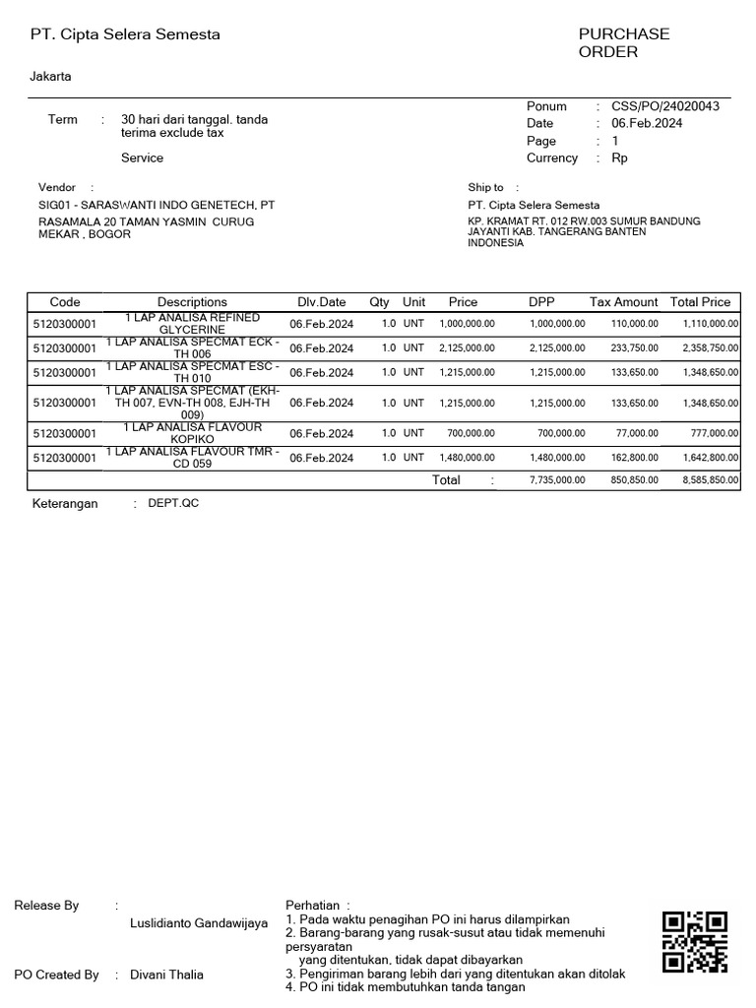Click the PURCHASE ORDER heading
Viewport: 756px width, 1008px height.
623,42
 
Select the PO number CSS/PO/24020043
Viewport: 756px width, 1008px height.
664,106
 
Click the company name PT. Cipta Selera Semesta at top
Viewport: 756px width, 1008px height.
125,34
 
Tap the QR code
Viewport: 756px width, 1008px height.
695,942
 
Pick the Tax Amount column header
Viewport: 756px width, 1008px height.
623,302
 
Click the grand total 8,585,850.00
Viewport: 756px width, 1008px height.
709,480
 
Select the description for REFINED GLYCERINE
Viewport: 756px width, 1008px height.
192,324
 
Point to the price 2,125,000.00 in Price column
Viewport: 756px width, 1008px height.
467,348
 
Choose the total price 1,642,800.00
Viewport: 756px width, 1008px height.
709,458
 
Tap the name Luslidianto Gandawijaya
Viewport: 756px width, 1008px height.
199,923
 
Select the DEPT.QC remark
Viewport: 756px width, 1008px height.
173,503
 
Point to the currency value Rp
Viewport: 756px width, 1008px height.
619,157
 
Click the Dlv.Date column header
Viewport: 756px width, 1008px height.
322,302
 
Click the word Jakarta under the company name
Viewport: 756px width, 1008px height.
50,76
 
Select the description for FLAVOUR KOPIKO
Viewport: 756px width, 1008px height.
192,433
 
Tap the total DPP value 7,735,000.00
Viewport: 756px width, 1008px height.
556,480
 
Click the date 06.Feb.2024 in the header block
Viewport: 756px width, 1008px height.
647,123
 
